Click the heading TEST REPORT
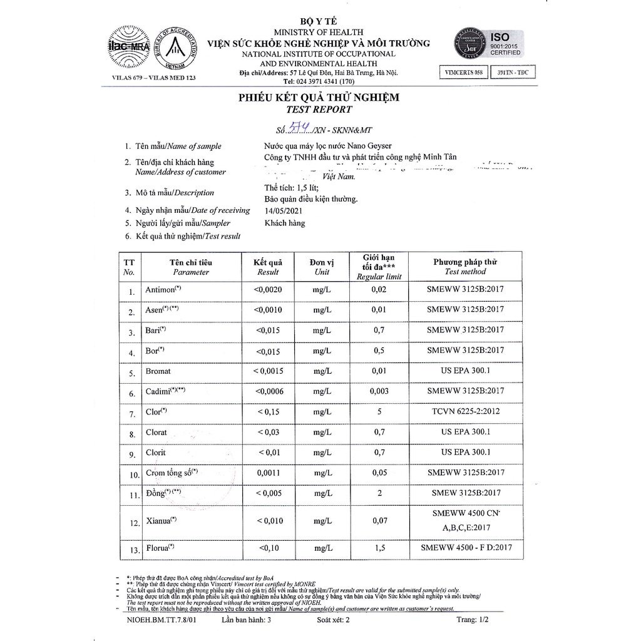[x=319, y=109]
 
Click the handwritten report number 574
[x=293, y=128]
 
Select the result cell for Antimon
[x=268, y=290]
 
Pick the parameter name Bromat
[x=158, y=371]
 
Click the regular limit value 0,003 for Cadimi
[x=377, y=391]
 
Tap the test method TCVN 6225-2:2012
[x=465, y=412]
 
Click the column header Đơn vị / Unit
[x=322, y=267]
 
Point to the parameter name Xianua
[x=161, y=520]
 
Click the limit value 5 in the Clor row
[x=378, y=412]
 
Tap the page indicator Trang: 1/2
[x=471, y=620]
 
